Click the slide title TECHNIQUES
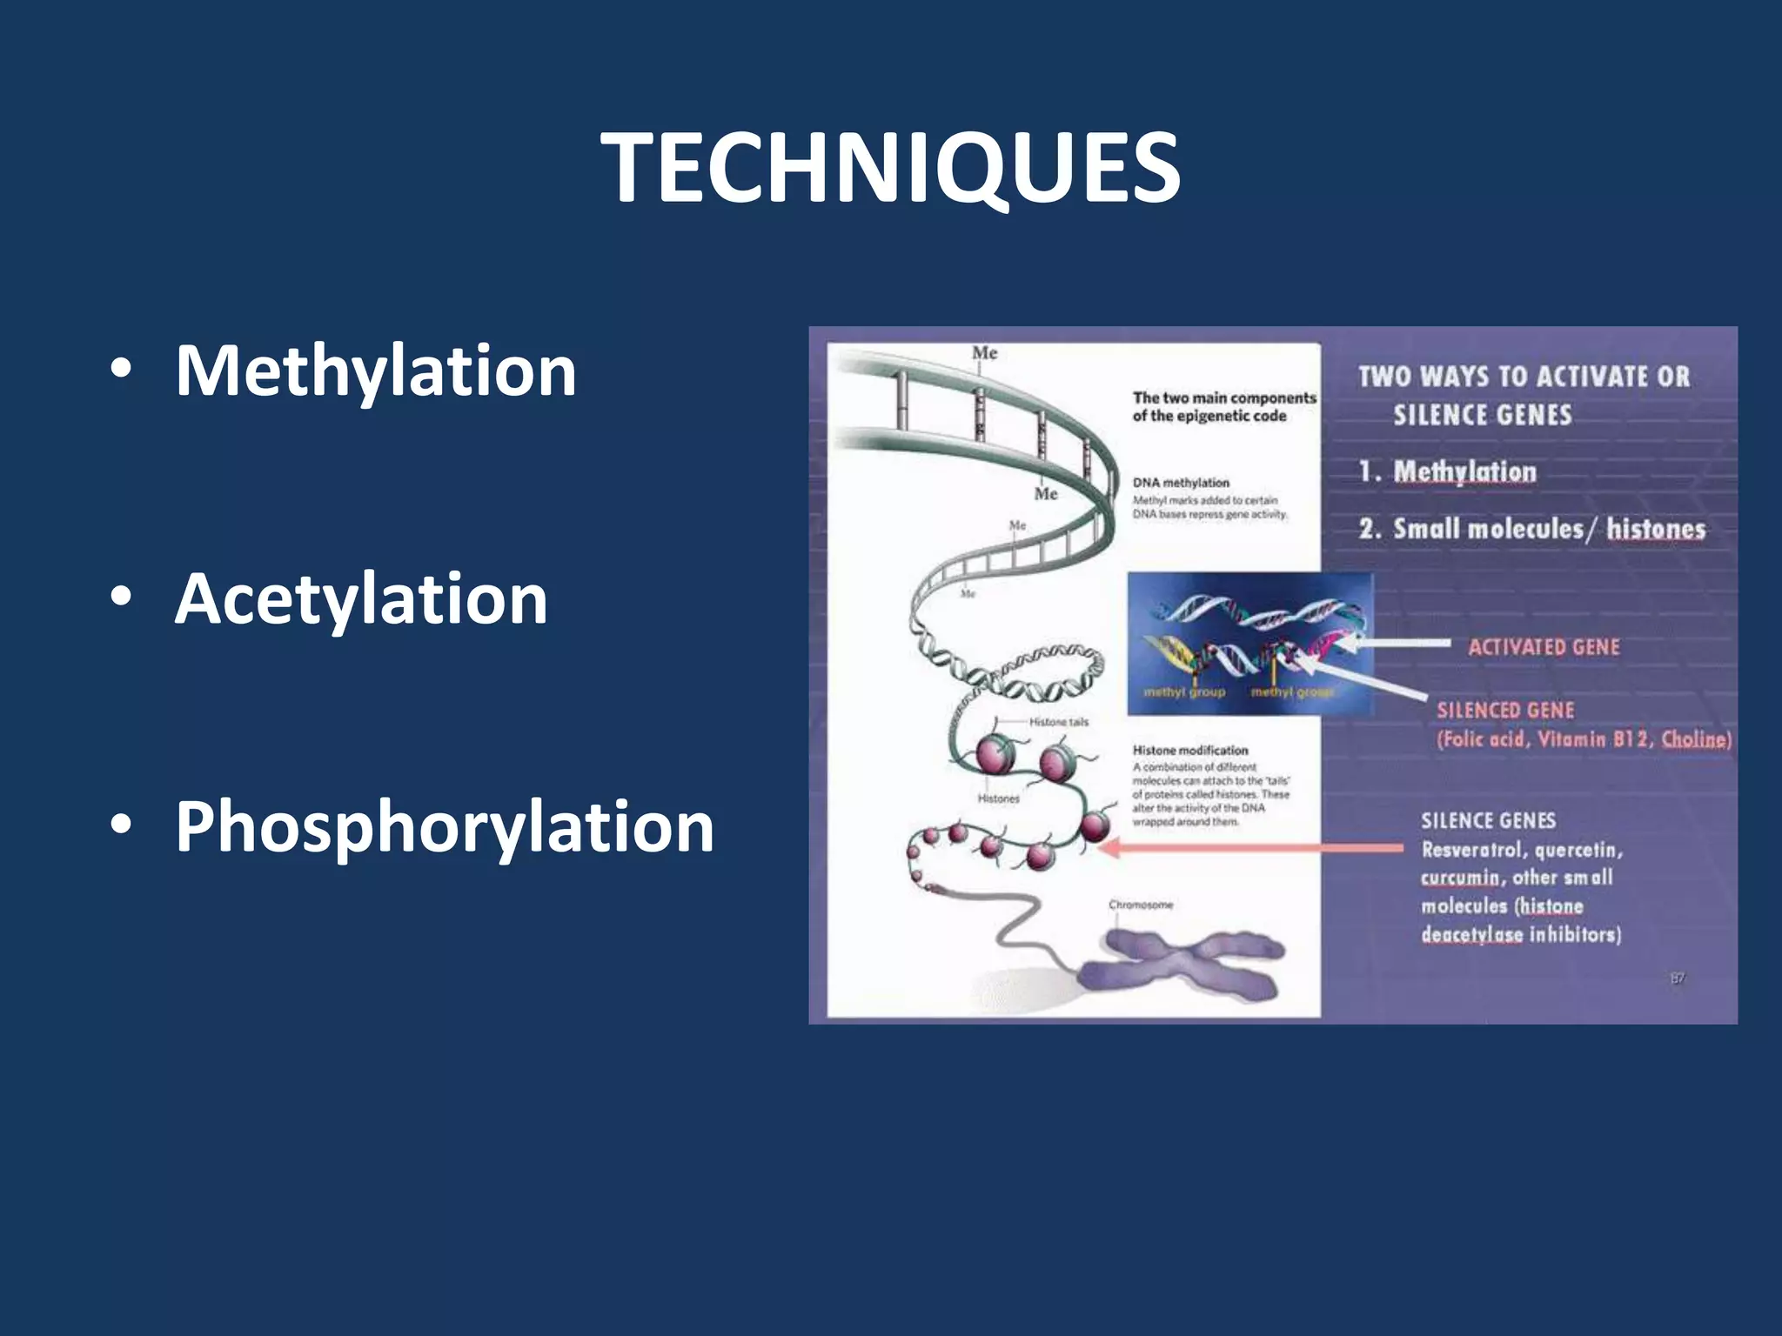point(890,168)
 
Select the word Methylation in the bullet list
point(375,371)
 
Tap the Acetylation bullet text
point(361,599)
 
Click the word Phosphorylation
point(445,827)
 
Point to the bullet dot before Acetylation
point(121,598)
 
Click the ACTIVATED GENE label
point(1544,647)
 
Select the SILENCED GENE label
point(1505,711)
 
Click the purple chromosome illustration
point(1183,965)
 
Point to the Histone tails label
point(1058,722)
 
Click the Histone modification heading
point(1189,750)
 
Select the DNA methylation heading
point(1181,483)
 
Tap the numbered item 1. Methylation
point(1448,472)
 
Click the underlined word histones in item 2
point(1655,529)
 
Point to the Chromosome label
point(1141,905)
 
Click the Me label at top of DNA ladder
point(984,353)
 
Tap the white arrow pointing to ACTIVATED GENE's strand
point(1392,645)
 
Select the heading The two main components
point(1223,398)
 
